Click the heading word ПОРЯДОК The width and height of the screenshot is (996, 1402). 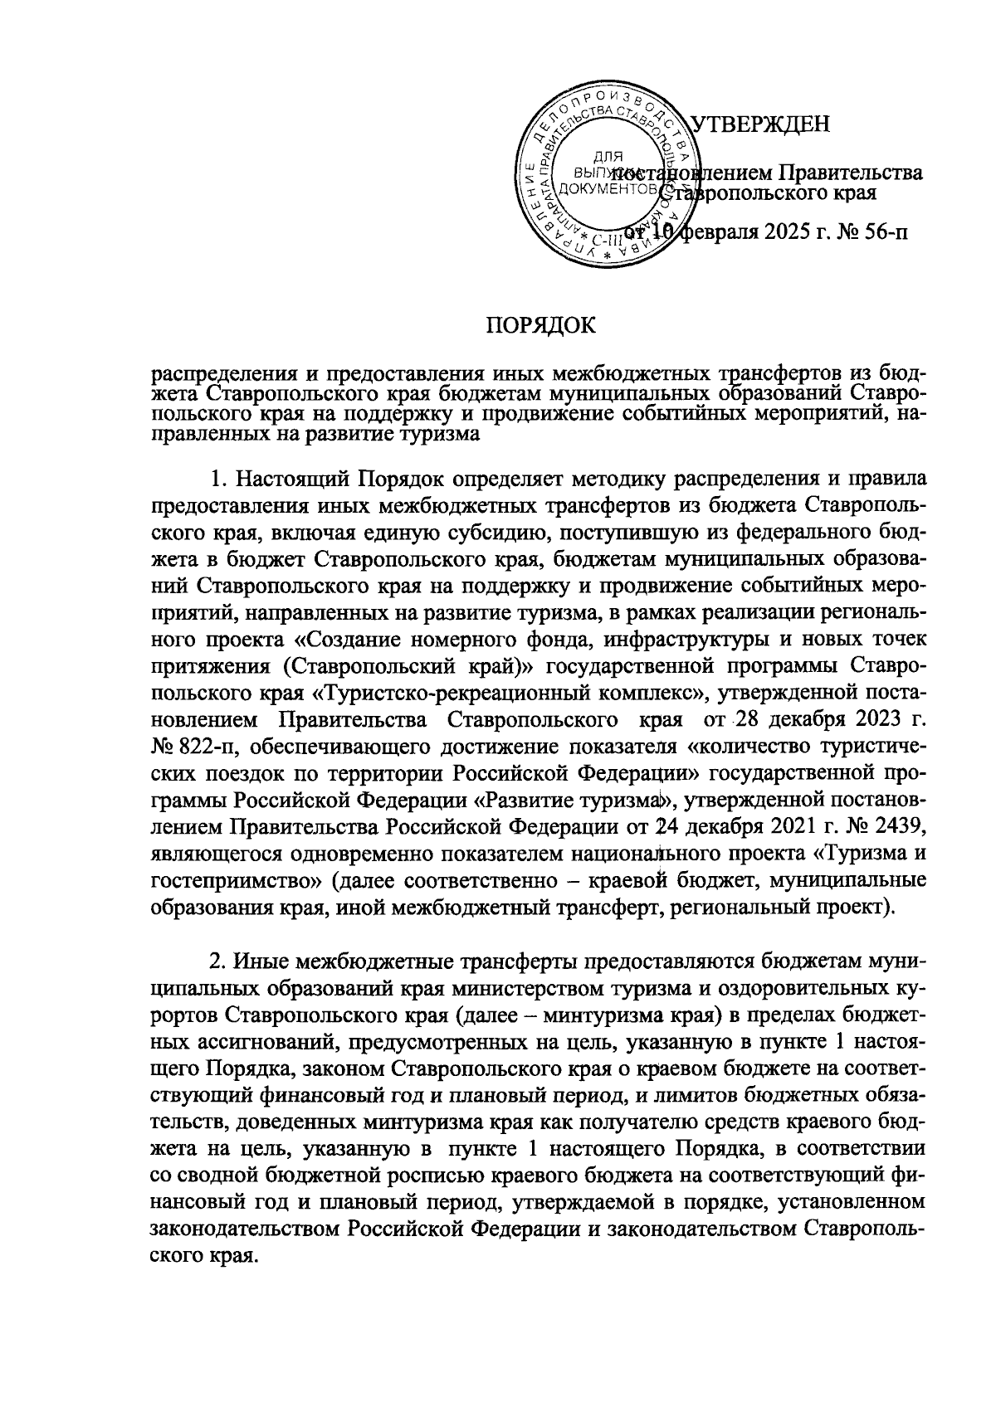(540, 324)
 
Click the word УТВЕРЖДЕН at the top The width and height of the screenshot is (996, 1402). (760, 124)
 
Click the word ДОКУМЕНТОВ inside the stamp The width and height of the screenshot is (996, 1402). (610, 190)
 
